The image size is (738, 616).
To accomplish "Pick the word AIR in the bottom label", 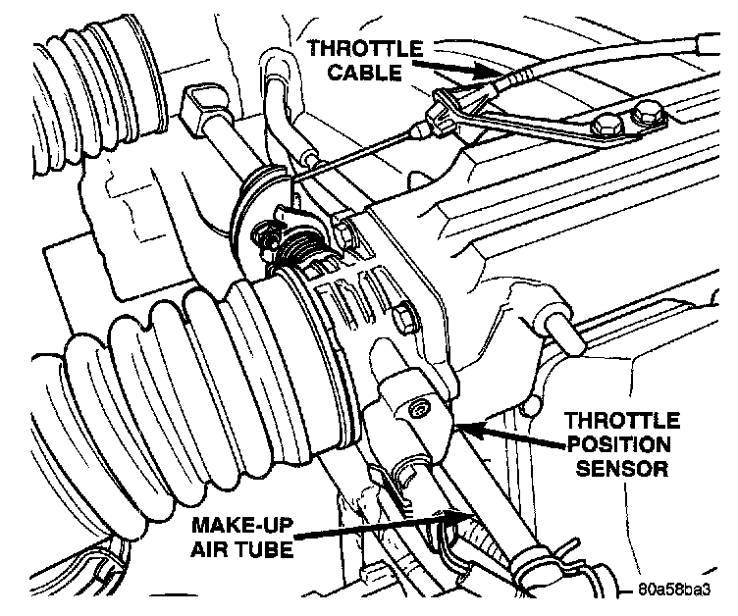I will pos(208,549).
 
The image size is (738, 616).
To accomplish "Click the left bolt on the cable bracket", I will pos(605,127).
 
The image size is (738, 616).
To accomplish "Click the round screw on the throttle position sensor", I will pos(419,407).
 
